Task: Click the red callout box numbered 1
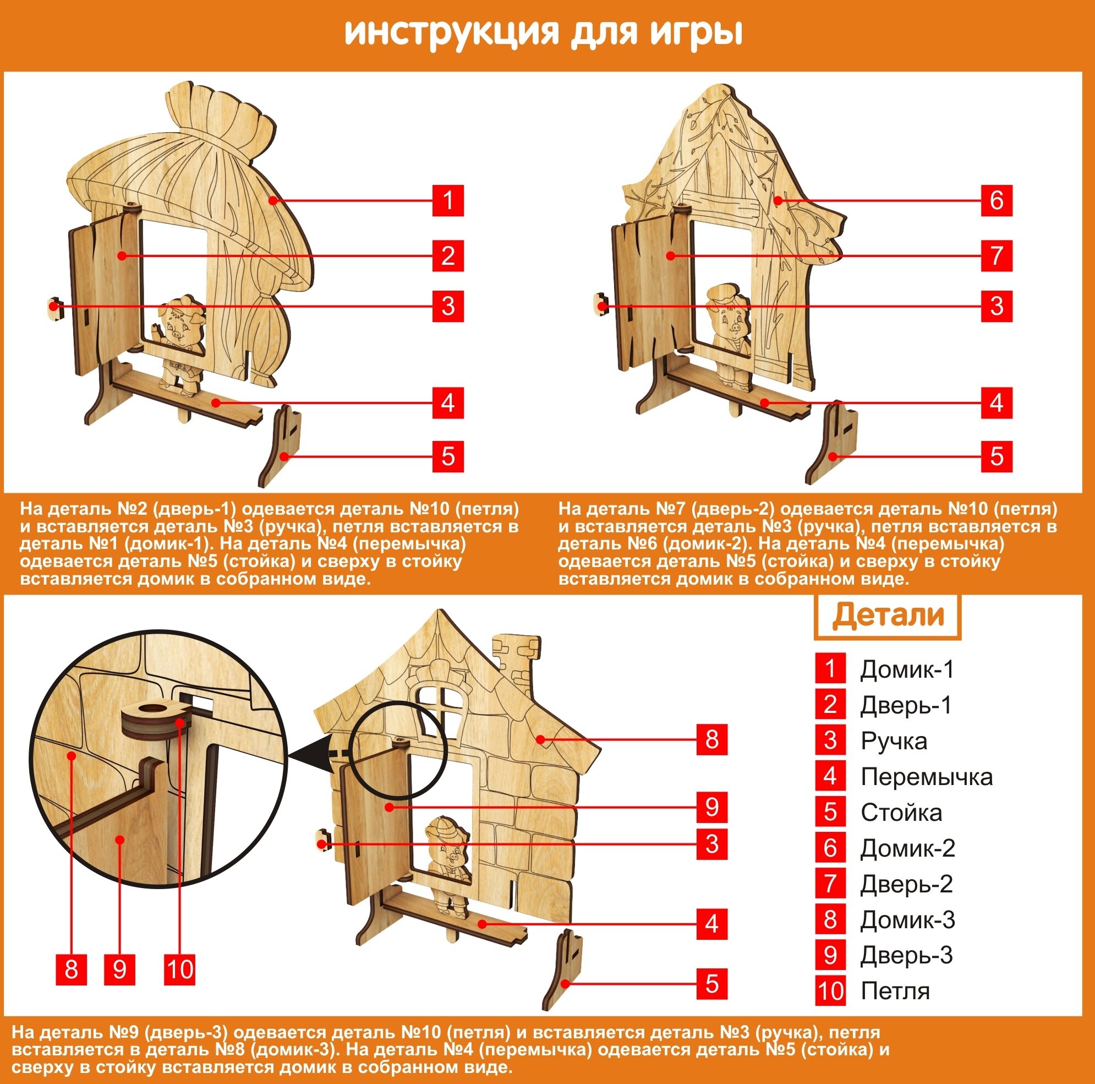click(448, 200)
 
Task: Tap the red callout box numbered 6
click(997, 200)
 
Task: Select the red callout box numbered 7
click(997, 255)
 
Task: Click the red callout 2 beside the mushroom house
click(448, 255)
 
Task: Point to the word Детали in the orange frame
click(888, 615)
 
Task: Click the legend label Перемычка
click(926, 777)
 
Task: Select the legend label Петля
click(895, 991)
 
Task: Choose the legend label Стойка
click(901, 813)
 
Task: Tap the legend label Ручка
click(894, 741)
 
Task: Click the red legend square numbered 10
click(830, 991)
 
